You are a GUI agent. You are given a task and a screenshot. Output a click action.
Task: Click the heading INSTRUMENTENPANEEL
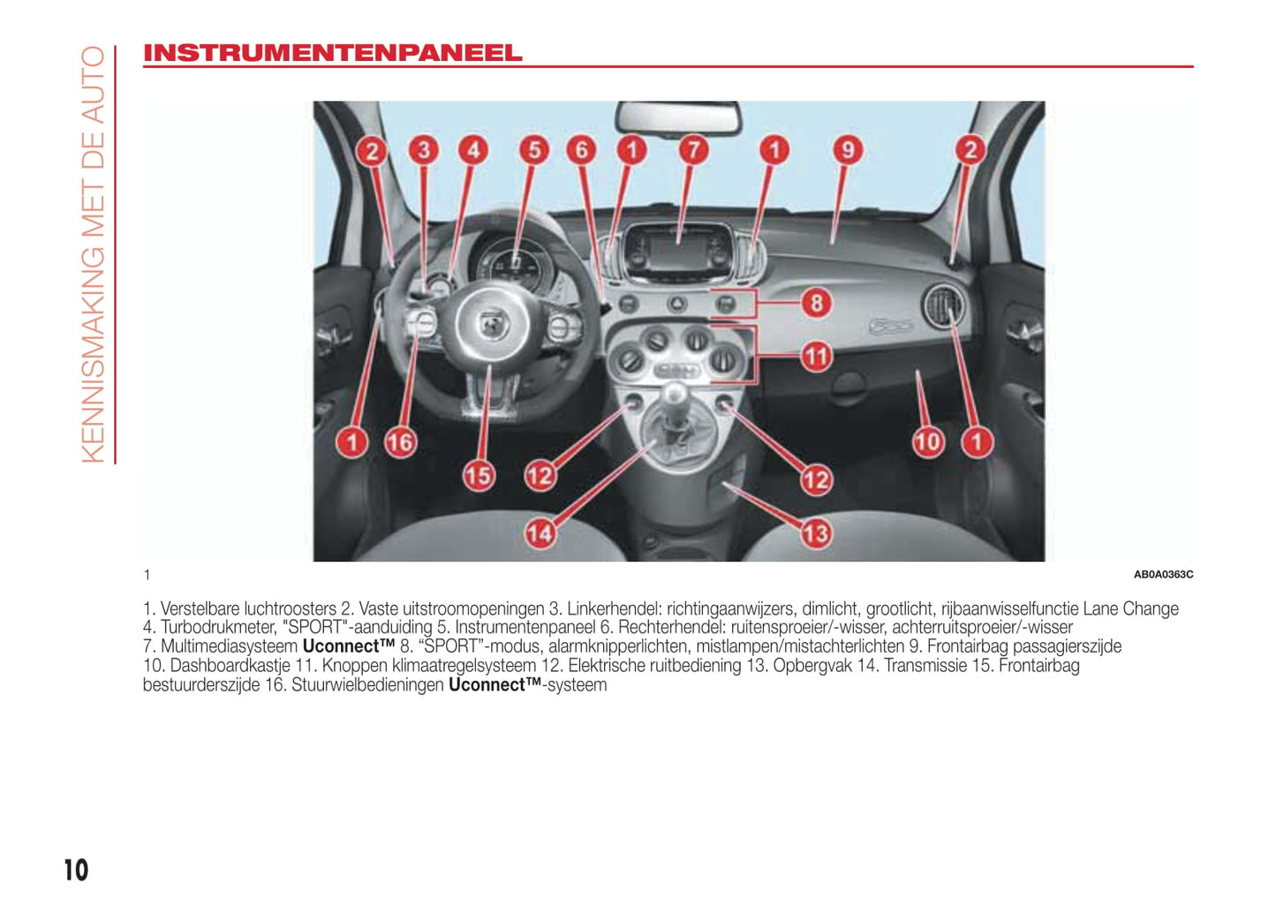coord(332,53)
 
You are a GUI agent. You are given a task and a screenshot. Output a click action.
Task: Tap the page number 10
coord(76,870)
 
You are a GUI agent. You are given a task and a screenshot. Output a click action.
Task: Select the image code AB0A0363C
coord(1162,575)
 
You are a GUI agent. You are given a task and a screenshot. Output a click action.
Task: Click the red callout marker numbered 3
coord(424,150)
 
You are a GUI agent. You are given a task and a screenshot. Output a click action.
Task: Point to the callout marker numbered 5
coord(533,150)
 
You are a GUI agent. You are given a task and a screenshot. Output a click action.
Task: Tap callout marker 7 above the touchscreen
coord(693,150)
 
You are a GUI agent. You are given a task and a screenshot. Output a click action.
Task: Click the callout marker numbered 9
coord(847,150)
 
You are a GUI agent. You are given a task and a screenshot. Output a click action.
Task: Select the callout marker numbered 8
coord(816,304)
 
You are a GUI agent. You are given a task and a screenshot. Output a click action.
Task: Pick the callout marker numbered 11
coord(816,357)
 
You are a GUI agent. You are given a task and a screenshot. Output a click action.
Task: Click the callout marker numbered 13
coord(816,533)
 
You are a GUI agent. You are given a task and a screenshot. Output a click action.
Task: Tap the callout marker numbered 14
coord(540,533)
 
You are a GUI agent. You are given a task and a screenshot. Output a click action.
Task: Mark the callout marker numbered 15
coord(478,476)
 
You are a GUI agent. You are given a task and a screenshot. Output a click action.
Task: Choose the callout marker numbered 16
coord(399,442)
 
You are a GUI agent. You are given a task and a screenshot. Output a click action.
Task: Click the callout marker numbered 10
coord(927,442)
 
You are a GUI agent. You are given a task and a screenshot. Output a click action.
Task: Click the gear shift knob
coord(676,395)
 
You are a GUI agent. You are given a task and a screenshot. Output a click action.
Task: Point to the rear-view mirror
coord(678,117)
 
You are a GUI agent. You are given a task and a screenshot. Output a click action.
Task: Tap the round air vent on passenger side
coord(943,308)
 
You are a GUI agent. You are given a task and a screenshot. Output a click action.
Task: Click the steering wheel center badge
coord(490,325)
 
